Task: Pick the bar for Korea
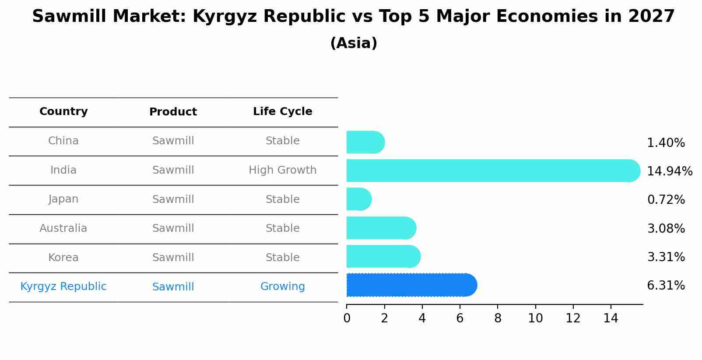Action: coord(383,257)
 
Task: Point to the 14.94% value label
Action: coord(669,171)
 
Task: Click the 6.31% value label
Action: coord(666,286)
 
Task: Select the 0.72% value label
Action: coord(666,200)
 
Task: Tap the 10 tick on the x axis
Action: coord(535,318)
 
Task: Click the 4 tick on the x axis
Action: coord(422,318)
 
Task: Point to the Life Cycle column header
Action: coord(282,112)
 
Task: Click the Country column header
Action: coord(63,112)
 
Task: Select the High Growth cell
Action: coord(282,170)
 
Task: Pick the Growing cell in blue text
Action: coord(282,287)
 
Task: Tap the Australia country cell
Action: coord(63,228)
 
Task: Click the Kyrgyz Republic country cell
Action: coord(63,287)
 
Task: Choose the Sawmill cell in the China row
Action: coord(173,141)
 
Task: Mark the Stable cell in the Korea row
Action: coord(282,258)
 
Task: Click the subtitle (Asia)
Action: coord(354,43)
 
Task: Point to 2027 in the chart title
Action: coord(651,17)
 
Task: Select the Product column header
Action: coord(173,112)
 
